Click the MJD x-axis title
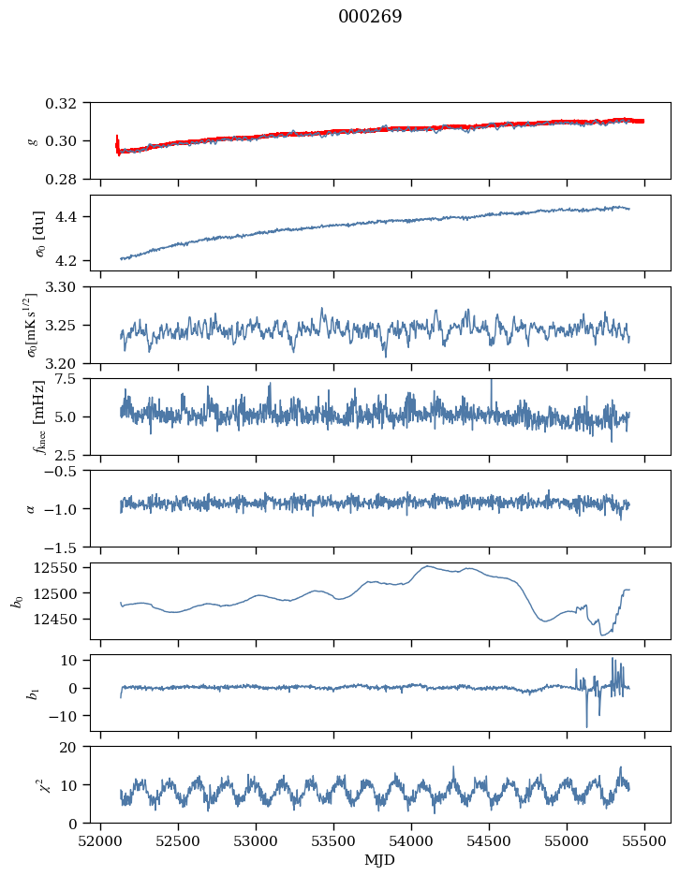[379, 859]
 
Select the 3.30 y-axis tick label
[67, 287]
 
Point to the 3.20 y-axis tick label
[67, 363]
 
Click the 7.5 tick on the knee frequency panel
[72, 379]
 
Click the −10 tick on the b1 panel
[67, 716]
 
